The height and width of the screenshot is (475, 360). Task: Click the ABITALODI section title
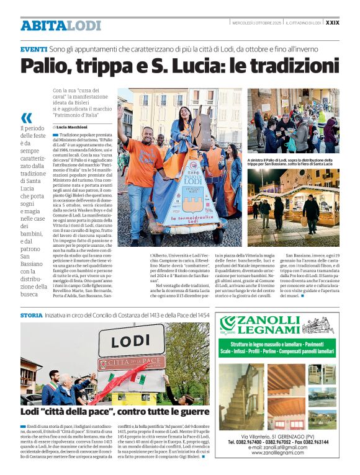point(60,25)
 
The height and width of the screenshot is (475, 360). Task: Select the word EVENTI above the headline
point(33,48)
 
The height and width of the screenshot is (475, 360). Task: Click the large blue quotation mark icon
point(26,118)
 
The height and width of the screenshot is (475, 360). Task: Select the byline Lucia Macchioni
point(73,127)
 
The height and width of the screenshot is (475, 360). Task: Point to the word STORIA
point(31,316)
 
